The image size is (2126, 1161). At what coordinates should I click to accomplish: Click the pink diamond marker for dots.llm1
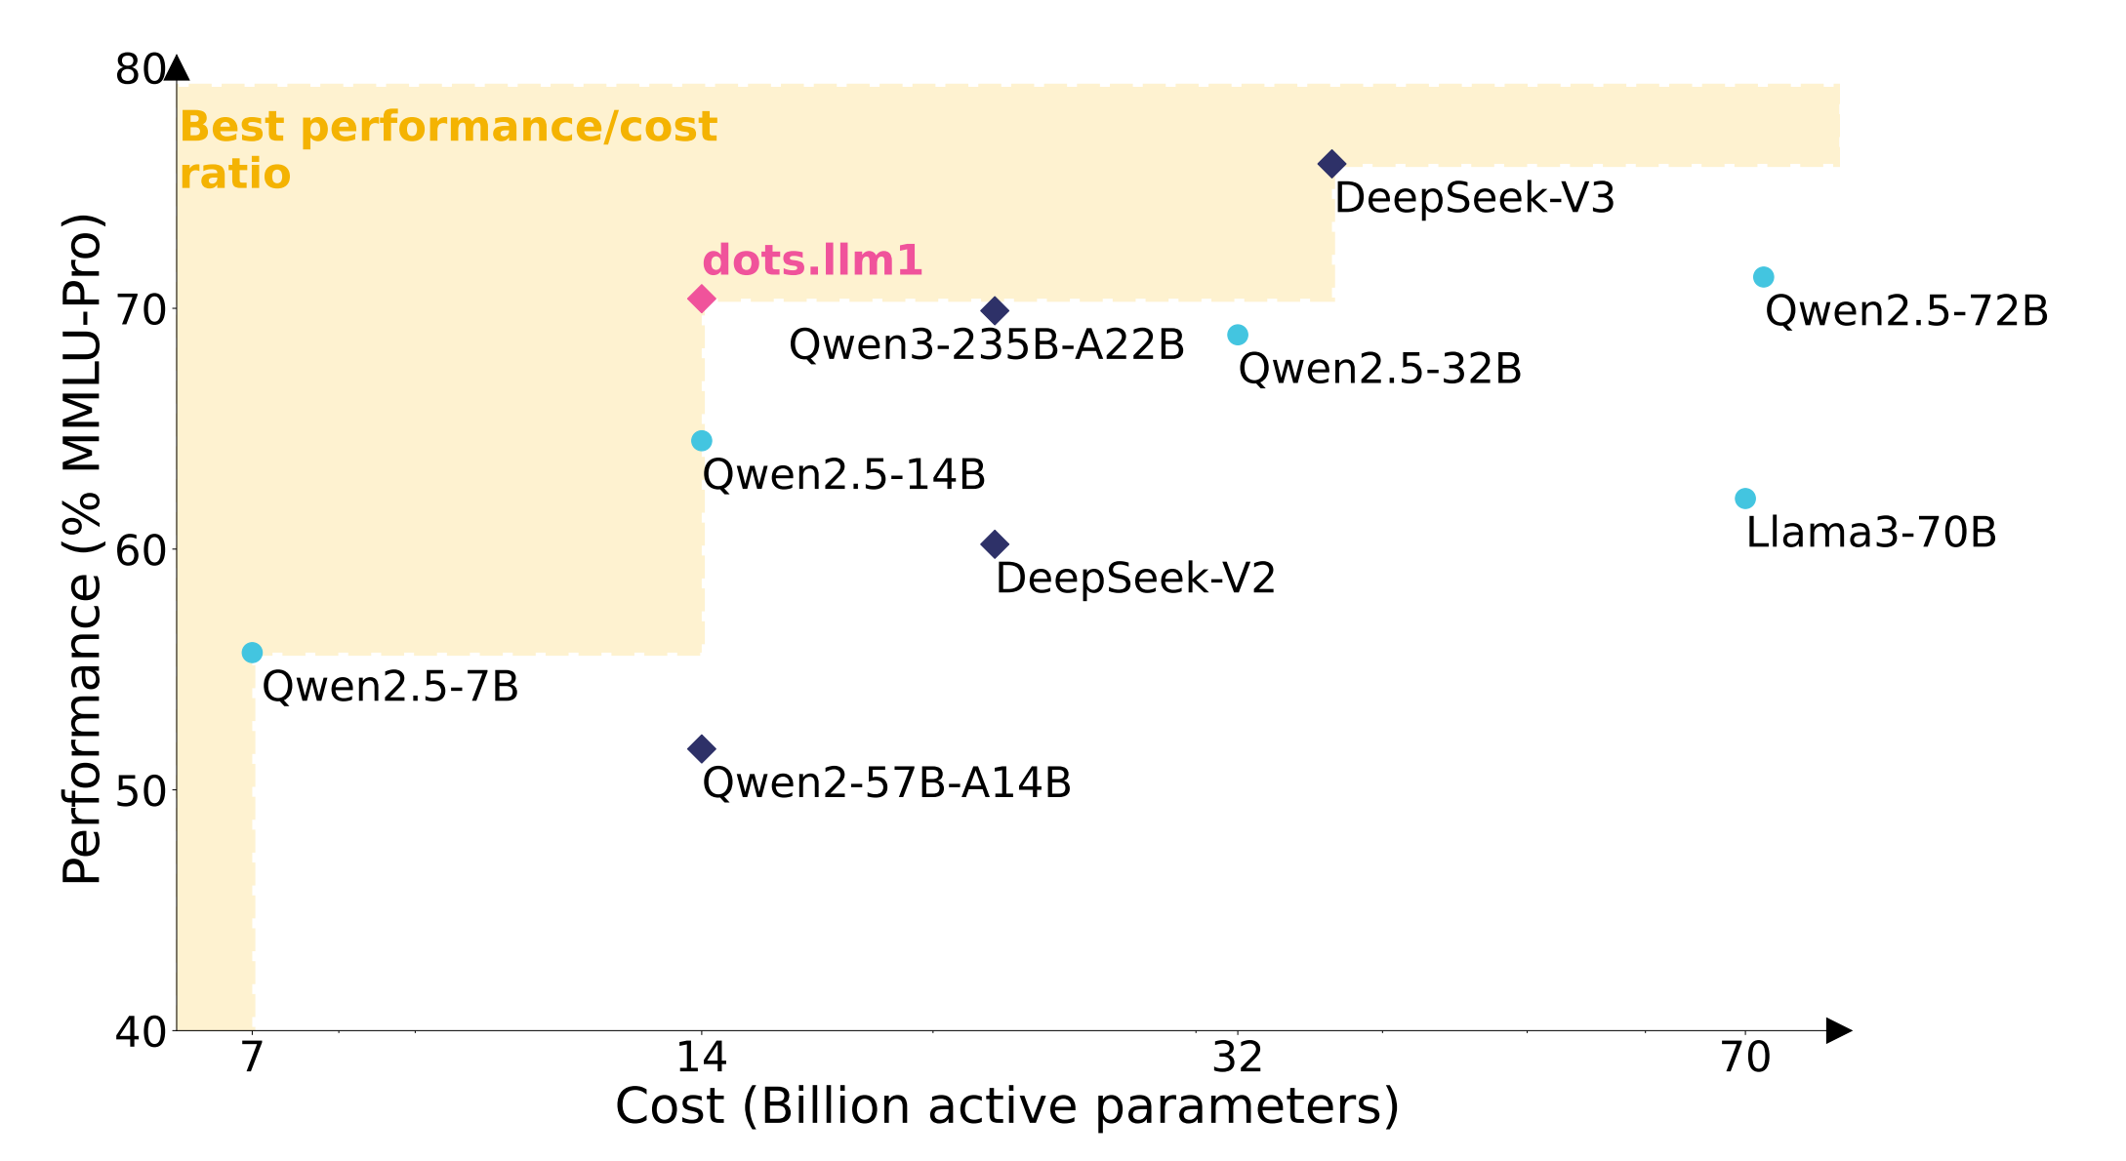[x=701, y=299]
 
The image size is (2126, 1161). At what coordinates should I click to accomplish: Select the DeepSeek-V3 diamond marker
[x=1331, y=164]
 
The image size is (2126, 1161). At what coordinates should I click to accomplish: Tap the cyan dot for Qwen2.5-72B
[x=1763, y=277]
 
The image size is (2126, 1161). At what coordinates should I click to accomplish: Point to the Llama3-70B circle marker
[x=1745, y=499]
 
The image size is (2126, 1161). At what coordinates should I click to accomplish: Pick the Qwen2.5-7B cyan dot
[x=252, y=653]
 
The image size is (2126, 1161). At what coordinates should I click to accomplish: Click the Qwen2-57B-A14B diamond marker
[x=701, y=749]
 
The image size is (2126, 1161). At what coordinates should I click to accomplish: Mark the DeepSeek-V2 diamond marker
[x=995, y=544]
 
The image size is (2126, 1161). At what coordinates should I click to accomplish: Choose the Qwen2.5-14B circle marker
[x=701, y=441]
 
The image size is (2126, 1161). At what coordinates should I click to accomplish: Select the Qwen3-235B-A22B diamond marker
[x=995, y=311]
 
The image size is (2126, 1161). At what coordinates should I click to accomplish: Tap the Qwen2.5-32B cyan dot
[x=1237, y=335]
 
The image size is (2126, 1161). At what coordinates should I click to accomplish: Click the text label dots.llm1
[x=812, y=260]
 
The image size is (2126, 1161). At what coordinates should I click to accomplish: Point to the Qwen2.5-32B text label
[x=1379, y=370]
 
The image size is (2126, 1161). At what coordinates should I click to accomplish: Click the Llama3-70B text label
[x=1870, y=533]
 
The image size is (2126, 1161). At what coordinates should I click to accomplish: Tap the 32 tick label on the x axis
[x=1237, y=1057]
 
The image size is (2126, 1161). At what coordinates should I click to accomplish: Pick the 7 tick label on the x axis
[x=252, y=1057]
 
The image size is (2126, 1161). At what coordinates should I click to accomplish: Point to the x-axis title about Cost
[x=1007, y=1106]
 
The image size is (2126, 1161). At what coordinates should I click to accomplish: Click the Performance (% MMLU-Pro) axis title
[x=82, y=548]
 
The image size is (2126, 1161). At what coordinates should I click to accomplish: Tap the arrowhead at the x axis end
[x=1838, y=1030]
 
